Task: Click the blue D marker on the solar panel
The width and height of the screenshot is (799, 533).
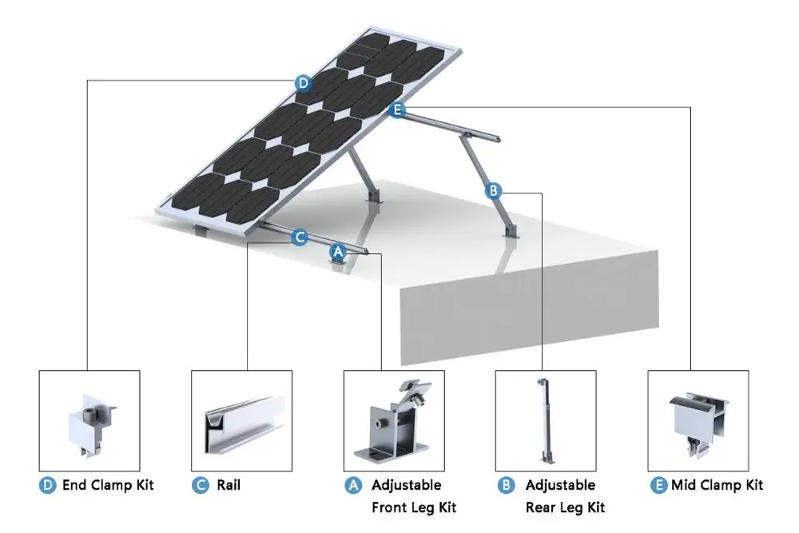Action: pyautogui.click(x=303, y=82)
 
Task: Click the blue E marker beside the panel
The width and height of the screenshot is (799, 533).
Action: pyautogui.click(x=397, y=110)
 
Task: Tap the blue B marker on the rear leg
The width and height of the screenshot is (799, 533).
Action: pyautogui.click(x=494, y=190)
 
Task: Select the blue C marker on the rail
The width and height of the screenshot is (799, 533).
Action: pyautogui.click(x=299, y=237)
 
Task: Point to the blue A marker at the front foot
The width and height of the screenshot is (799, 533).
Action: pyautogui.click(x=338, y=251)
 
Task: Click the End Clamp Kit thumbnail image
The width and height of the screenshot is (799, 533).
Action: pyautogui.click(x=89, y=420)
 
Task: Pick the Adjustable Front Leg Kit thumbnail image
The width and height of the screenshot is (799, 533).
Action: pyautogui.click(x=394, y=420)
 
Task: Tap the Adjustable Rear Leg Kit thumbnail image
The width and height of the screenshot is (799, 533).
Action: pyautogui.click(x=546, y=420)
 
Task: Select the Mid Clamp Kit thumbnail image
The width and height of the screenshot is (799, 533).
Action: pyautogui.click(x=698, y=420)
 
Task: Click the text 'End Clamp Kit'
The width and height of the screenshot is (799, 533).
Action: pyautogui.click(x=108, y=485)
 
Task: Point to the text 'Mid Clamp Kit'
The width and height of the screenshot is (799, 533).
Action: pyautogui.click(x=717, y=485)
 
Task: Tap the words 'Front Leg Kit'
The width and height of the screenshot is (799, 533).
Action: pyautogui.click(x=414, y=507)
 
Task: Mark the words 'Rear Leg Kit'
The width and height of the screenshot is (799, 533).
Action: pyautogui.click(x=565, y=507)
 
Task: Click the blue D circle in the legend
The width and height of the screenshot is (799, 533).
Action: pyautogui.click(x=49, y=485)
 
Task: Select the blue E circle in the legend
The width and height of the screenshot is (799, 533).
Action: pyautogui.click(x=658, y=485)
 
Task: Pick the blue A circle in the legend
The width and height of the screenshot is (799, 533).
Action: pyautogui.click(x=353, y=485)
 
